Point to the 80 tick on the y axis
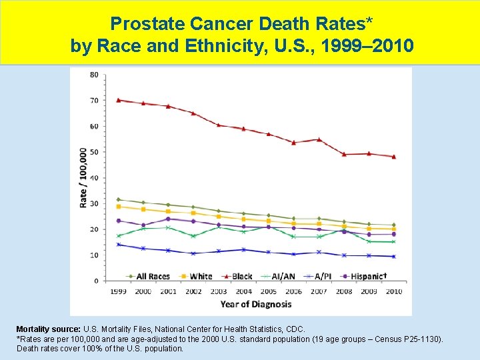pos(94,74)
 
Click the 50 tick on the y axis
pos(94,152)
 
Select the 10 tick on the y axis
pos(94,255)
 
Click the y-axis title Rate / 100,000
pos(83,177)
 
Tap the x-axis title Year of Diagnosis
pos(256,304)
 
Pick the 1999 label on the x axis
pos(118,291)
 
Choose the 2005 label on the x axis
pos(268,291)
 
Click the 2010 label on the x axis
pos(393,291)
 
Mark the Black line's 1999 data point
pos(118,100)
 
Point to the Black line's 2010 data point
pos(393,157)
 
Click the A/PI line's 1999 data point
pos(118,245)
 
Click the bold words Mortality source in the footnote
pos(47,329)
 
